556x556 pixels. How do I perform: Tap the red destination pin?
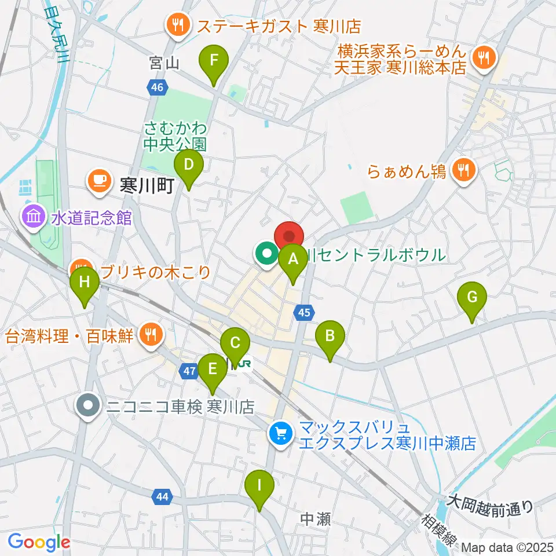pyautogui.click(x=288, y=237)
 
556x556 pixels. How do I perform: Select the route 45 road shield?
pyautogui.click(x=304, y=313)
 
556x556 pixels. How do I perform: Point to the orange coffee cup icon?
pyautogui.click(x=99, y=180)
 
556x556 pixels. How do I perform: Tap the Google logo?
pyautogui.click(x=39, y=542)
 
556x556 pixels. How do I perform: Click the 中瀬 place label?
pyautogui.click(x=316, y=519)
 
